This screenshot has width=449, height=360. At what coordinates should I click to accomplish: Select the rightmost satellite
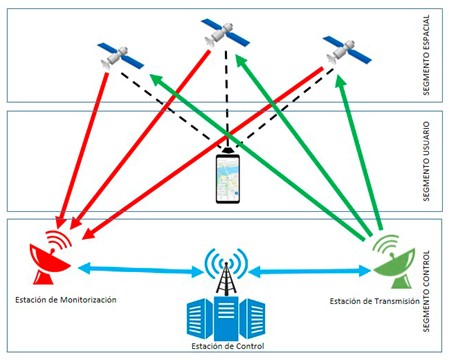pos(341,49)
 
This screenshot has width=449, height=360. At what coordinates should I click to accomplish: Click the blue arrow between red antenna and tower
pos(130,268)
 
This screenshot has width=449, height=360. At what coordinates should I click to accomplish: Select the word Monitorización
pos(84,298)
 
